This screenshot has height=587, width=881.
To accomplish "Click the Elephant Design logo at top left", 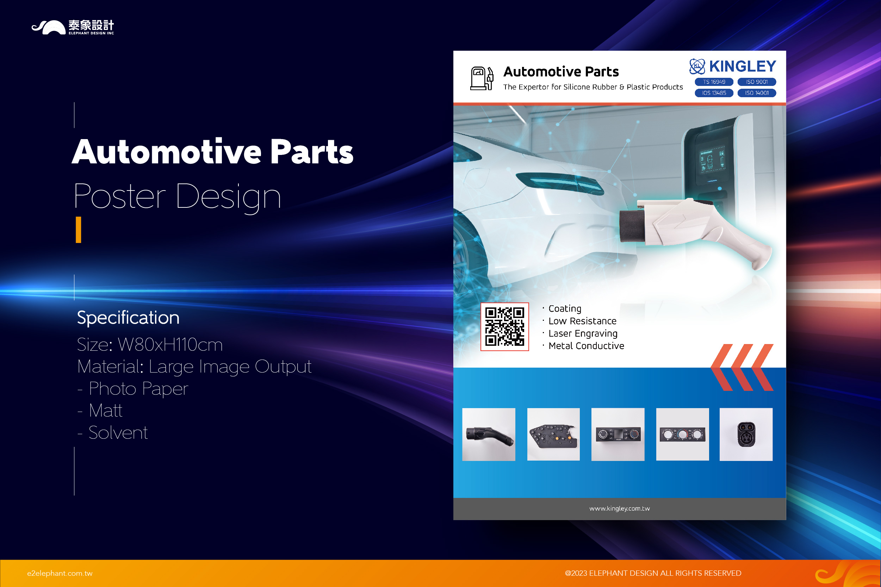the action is [73, 27].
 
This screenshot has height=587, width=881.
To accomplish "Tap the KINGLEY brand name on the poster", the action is [743, 66].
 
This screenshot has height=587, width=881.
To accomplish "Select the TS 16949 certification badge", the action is [714, 82].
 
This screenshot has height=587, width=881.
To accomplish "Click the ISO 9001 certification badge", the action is [757, 82].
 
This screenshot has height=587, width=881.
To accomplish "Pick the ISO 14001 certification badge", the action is [757, 93].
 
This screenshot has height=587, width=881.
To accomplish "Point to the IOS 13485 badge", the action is [714, 93].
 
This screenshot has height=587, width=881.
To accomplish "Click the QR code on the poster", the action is [505, 327].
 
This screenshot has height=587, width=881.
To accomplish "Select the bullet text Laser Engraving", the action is [583, 333].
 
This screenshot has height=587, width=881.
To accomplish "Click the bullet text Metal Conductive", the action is [586, 346].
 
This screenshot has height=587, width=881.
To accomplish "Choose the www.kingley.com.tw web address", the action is [620, 508].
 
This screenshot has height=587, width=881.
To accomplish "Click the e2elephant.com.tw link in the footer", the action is [60, 573].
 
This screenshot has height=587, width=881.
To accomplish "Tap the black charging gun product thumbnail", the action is [489, 434].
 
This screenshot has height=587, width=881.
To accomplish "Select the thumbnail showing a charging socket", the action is [746, 434].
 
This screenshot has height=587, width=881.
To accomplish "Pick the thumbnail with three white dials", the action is [683, 434].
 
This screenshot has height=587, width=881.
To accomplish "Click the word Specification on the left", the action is [128, 318].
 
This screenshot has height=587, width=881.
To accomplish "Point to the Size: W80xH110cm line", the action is [150, 344].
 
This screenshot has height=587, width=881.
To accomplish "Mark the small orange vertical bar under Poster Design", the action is [78, 230].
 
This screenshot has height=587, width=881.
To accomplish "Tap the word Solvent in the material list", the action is [118, 433].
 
